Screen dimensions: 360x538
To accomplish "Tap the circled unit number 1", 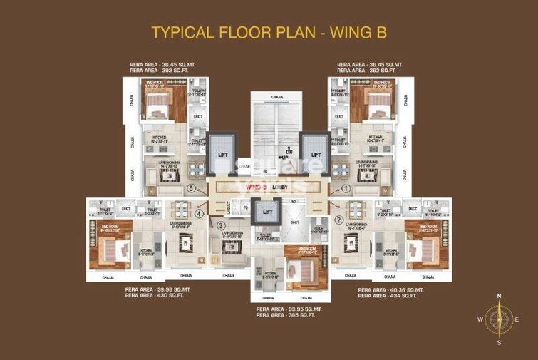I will click(346, 189).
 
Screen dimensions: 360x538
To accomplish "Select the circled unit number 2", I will click(339, 220).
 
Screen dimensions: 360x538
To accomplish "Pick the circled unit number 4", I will click(200, 213).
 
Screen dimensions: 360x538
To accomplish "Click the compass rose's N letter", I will click(500, 295).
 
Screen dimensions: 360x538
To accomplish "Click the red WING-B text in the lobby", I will click(256, 187).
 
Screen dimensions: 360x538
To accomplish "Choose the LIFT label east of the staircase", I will click(316, 154).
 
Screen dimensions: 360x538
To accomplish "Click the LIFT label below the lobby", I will click(267, 212).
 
